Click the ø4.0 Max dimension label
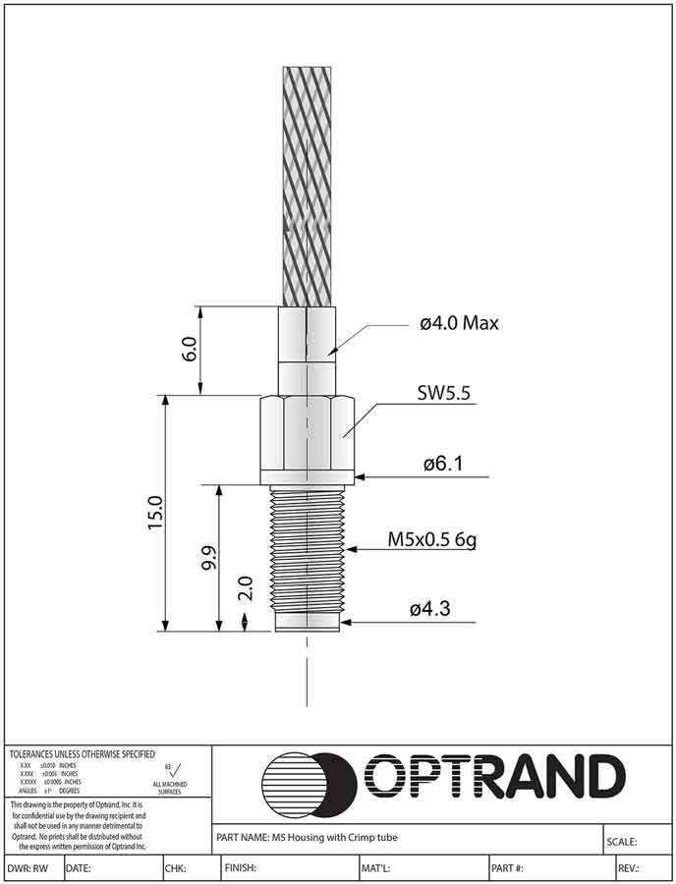(x=459, y=323)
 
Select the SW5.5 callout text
(x=443, y=394)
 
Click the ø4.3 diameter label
(x=430, y=609)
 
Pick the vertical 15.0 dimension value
(x=154, y=514)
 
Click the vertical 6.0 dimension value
(x=190, y=350)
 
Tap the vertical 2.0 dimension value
(x=246, y=588)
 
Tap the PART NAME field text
(x=306, y=837)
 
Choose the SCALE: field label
(x=624, y=842)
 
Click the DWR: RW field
(x=28, y=868)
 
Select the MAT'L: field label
(x=376, y=868)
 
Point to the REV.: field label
(x=629, y=868)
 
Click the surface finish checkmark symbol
(x=177, y=768)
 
